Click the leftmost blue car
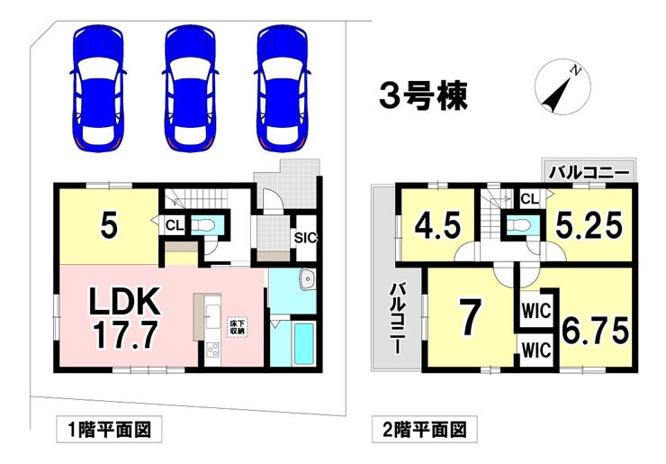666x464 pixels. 98,86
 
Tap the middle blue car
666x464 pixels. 191,86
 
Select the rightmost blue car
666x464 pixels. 283,86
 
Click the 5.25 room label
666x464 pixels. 589,225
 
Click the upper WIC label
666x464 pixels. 535,312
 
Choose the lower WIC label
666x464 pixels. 535,350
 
